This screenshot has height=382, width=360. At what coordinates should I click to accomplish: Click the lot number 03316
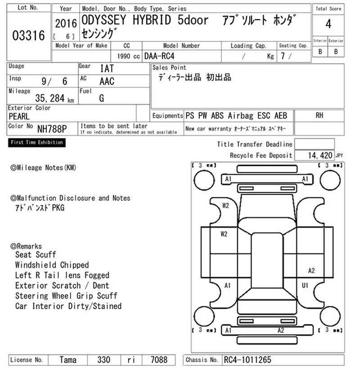28,36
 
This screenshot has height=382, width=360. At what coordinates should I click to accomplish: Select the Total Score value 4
328,24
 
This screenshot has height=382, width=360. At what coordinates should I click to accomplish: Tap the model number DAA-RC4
159,56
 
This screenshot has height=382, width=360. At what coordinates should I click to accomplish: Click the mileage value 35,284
50,98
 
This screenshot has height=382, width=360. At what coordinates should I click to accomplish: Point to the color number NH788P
52,129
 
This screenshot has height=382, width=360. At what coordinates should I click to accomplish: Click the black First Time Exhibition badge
37,142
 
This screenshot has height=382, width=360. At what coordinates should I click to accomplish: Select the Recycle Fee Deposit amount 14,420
320,155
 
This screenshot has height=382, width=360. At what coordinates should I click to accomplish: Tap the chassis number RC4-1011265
247,360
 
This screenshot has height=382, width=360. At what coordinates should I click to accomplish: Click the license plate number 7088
159,360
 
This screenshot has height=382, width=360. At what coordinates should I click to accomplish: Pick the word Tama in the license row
68,360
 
